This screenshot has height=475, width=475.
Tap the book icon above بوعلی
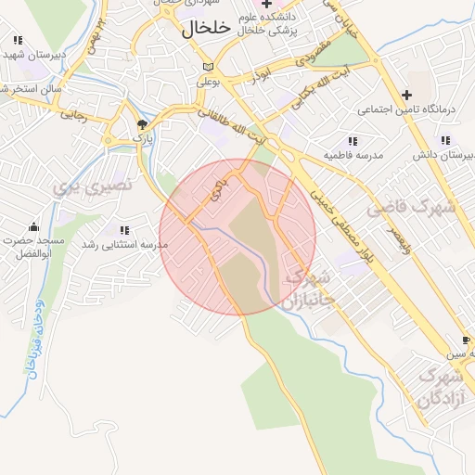208,67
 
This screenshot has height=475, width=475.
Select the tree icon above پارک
142,123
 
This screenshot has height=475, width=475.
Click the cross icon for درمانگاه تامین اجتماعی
406,95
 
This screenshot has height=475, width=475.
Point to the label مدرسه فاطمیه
353,152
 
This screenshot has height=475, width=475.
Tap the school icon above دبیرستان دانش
446,140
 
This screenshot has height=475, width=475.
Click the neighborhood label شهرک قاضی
411,209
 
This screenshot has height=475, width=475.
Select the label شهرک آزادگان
440,388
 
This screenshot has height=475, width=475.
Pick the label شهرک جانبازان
310,289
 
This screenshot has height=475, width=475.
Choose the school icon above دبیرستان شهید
18,40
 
